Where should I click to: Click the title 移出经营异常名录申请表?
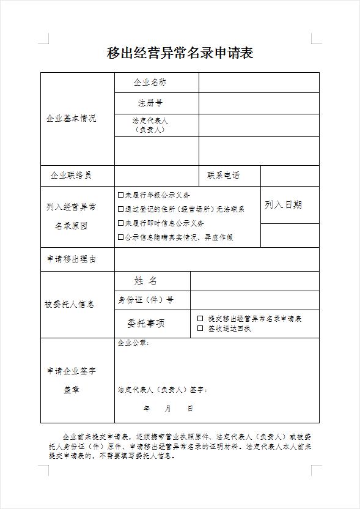click(x=180, y=53)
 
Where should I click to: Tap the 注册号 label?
click(x=150, y=103)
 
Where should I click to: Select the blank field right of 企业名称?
click(x=259, y=82)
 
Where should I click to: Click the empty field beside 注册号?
click(x=259, y=103)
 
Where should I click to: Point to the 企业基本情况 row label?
click(x=71, y=118)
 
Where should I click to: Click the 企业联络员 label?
click(x=71, y=176)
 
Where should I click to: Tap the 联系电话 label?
click(x=223, y=176)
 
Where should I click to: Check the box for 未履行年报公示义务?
click(x=121, y=195)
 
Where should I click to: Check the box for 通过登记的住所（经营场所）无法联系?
click(x=121, y=209)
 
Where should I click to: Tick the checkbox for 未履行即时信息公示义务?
click(x=121, y=223)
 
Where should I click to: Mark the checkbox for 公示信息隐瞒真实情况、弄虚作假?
click(x=121, y=237)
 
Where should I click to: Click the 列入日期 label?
click(x=283, y=205)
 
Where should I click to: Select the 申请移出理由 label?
click(x=72, y=259)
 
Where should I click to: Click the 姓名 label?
click(x=145, y=281)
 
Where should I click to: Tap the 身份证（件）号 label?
click(x=145, y=300)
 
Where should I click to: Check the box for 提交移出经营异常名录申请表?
click(x=200, y=319)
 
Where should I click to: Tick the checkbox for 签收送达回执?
click(x=200, y=329)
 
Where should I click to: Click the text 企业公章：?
click(x=133, y=343)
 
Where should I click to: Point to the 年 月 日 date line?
click(x=168, y=408)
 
